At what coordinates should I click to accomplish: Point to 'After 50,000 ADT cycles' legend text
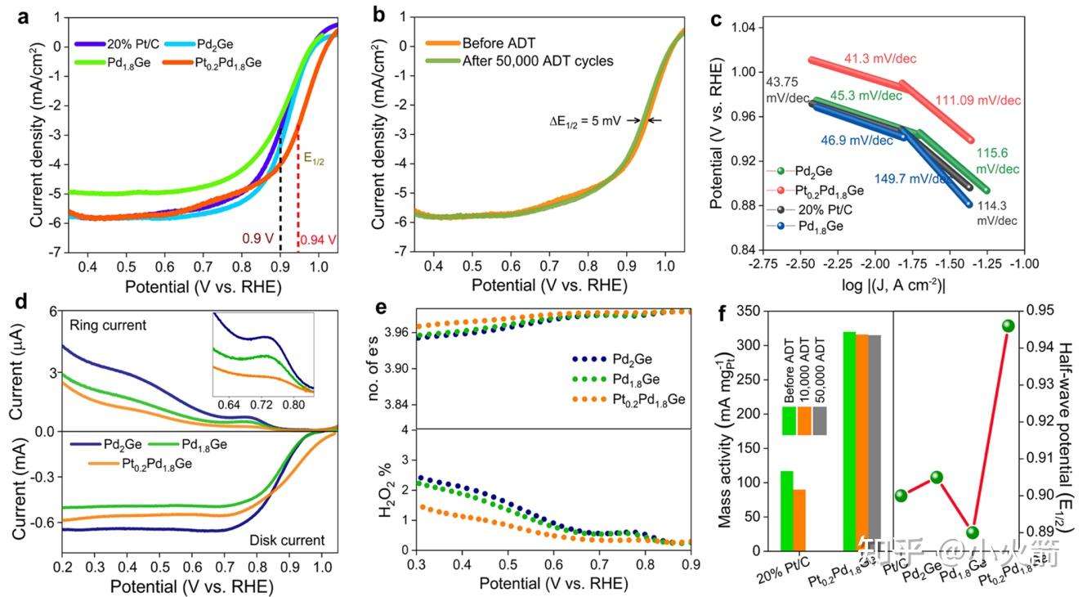537,61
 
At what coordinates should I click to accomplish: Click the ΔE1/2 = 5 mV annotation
584,121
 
